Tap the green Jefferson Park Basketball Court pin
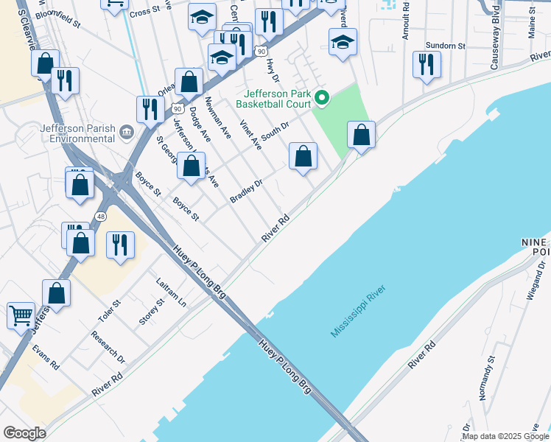321,97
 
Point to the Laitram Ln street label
172,292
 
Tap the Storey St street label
152,312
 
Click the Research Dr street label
108,346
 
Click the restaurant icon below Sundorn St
427,65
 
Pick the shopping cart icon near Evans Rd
21,315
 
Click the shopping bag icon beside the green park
361,136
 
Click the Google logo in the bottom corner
24,433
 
